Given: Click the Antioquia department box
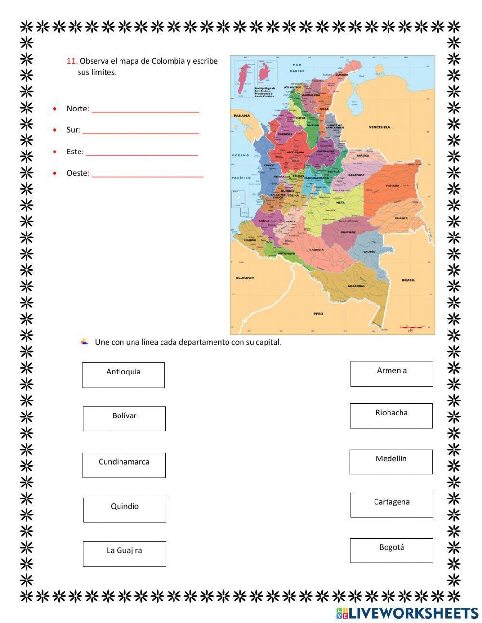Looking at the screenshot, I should (123, 375).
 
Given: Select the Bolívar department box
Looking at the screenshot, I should (124, 418).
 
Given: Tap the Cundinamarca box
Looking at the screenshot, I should (124, 465).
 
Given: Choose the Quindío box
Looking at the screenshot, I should (125, 510).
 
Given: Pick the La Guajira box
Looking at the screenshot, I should (124, 554).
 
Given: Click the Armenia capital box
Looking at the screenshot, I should (391, 374).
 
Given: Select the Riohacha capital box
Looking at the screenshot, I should (391, 415).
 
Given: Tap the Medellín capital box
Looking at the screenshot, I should (391, 462).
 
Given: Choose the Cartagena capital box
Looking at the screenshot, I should (391, 505).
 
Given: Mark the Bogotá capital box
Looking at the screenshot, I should (391, 550).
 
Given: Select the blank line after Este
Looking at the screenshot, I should (142, 153).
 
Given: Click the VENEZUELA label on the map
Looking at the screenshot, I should (379, 127).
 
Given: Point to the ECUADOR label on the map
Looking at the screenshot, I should (245, 277).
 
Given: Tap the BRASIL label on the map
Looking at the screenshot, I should (408, 280).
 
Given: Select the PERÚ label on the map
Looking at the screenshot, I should (318, 314).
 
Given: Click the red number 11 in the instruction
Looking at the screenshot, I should (72, 61).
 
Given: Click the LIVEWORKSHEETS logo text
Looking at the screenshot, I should (414, 613).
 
